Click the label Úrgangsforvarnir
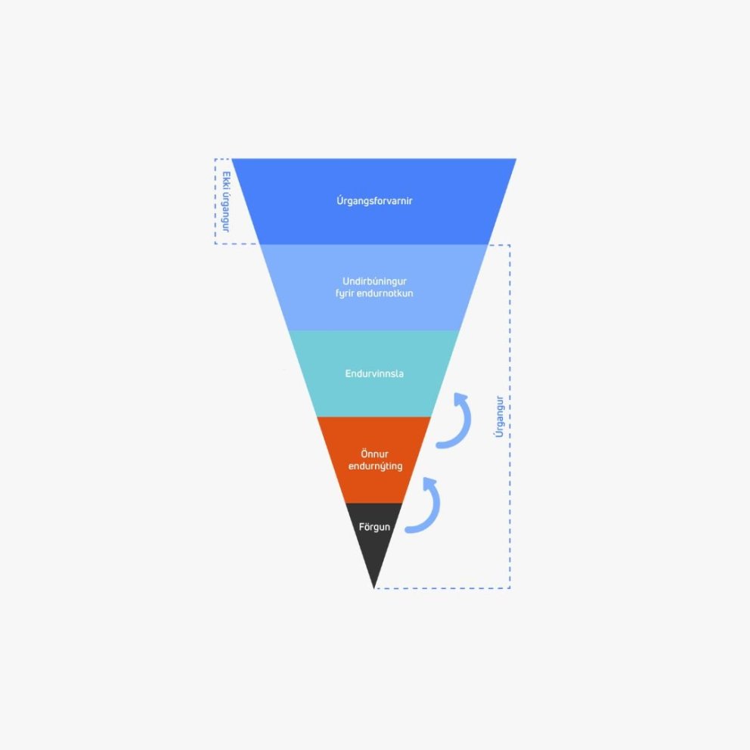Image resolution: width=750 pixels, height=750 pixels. point(374,200)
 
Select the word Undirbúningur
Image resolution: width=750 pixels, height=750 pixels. point(374,281)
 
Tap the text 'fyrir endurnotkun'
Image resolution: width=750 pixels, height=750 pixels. point(374,293)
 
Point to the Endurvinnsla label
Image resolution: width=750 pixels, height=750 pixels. point(374,373)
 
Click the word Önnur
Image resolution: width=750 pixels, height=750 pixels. point(374,454)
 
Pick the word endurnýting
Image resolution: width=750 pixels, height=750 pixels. point(375,466)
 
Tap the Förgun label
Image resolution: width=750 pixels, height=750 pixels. point(374,527)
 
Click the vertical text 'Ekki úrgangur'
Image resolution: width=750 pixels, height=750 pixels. point(226,202)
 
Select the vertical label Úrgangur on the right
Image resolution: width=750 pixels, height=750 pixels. point(499,417)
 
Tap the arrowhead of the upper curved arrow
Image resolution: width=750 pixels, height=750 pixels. point(460,398)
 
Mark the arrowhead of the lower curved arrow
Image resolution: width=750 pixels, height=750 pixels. point(429,482)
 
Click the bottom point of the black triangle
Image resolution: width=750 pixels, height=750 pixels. point(373,588)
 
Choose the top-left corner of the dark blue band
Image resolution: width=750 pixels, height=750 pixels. point(232,159)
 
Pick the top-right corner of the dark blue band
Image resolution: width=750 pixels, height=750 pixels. point(516,159)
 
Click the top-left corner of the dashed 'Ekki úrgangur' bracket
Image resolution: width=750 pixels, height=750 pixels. point(215,160)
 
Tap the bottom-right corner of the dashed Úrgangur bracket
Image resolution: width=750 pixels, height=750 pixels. point(510,588)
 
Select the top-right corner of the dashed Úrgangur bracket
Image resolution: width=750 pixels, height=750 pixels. point(510,245)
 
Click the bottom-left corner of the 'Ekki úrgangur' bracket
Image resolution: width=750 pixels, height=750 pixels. point(215,243)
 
